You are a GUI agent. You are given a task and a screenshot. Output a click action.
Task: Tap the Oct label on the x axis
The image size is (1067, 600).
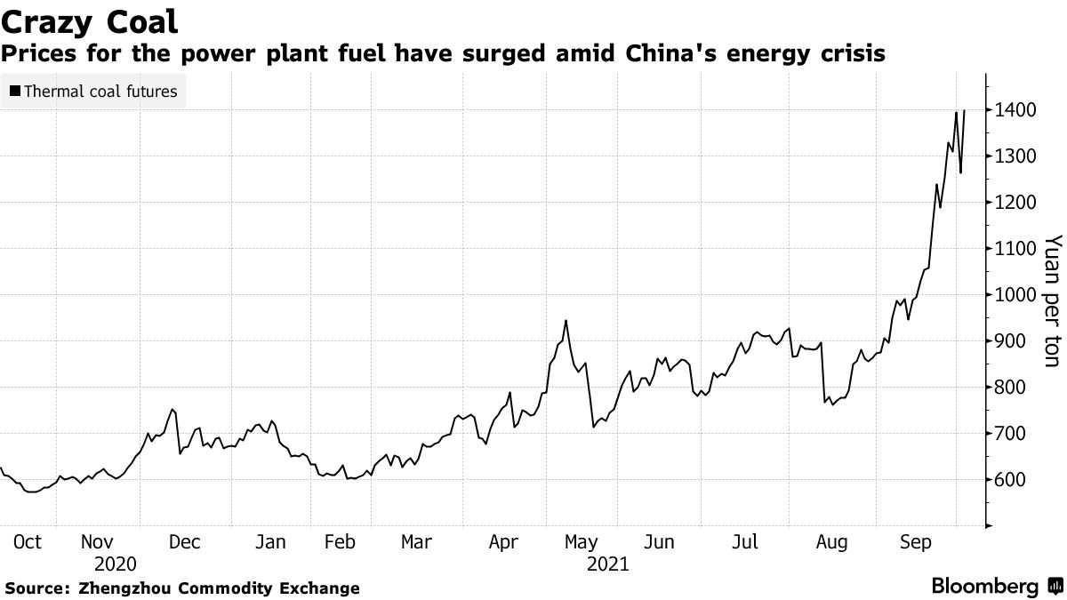[x=28, y=541]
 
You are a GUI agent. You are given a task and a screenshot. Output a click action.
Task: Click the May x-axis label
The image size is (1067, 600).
[x=581, y=541]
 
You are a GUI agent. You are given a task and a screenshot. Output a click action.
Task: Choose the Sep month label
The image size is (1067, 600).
[x=916, y=541]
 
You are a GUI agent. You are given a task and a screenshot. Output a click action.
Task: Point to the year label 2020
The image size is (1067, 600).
[x=116, y=564]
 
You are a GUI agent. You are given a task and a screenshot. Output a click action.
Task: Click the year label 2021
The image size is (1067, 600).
[x=607, y=564]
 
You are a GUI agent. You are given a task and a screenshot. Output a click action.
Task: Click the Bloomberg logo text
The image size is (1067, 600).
[x=984, y=587]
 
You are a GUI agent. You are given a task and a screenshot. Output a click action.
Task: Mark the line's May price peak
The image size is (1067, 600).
[x=566, y=320]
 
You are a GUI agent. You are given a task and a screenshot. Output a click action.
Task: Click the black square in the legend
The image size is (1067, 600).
[x=14, y=91]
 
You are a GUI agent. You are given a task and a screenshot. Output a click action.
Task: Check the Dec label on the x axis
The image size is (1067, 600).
[x=185, y=541]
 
